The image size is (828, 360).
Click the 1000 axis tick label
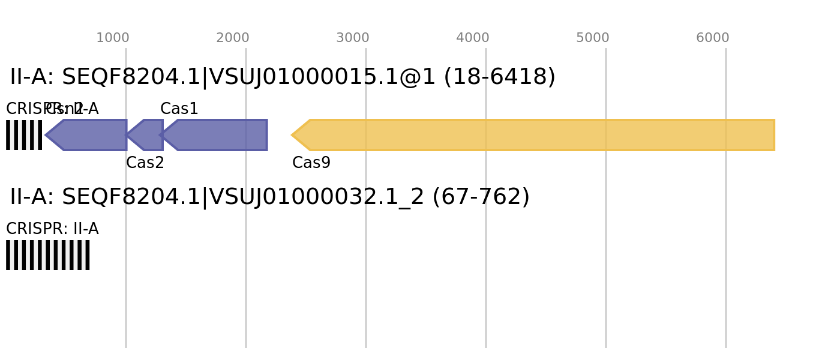113,38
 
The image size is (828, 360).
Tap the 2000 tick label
233,38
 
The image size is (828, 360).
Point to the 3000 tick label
353,38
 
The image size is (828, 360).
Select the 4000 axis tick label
473,38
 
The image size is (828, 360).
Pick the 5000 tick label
593,38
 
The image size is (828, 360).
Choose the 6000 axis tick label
713,38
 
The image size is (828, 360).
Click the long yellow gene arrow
540,135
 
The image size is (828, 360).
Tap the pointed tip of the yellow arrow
292,135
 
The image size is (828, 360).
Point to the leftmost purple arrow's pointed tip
46,135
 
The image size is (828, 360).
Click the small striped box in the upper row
24,135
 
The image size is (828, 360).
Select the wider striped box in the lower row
48,255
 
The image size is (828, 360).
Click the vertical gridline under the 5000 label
606,240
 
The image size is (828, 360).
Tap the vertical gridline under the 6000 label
726,240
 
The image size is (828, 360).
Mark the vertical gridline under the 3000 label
366,240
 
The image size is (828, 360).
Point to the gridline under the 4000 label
486,240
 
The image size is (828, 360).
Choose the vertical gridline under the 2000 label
246,240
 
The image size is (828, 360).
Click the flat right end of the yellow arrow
774,135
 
